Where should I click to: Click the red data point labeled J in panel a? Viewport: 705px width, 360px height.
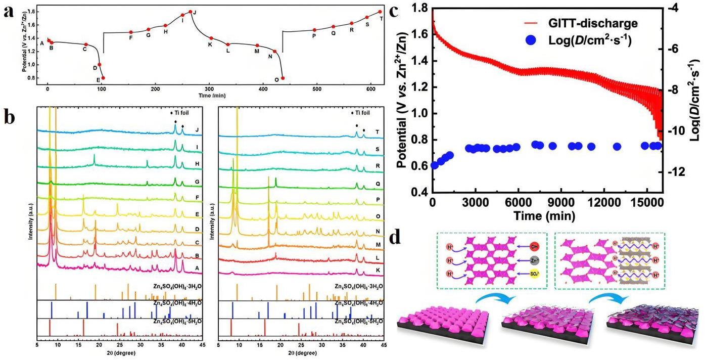pos(190,12)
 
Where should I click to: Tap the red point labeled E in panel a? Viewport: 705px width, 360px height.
pos(103,78)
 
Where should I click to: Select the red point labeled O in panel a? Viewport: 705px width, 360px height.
pos(283,78)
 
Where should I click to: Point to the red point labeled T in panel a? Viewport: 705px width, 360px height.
pos(380,12)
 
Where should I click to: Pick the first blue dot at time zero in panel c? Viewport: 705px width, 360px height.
pos(434,165)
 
